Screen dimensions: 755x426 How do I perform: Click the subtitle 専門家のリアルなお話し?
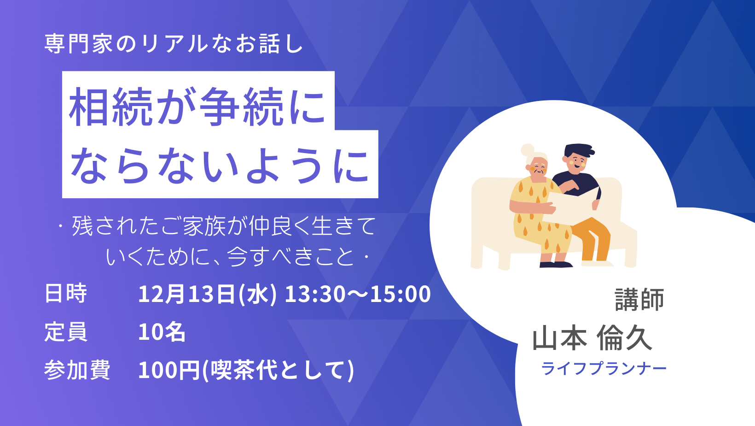pyautogui.click(x=174, y=44)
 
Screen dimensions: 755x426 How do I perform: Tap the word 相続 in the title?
pyautogui.click(x=111, y=106)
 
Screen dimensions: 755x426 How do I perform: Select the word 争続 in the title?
pyautogui.click(x=241, y=106)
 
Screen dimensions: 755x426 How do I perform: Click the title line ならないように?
pyautogui.click(x=220, y=166)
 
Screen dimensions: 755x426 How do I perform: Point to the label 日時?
pyautogui.click(x=66, y=293)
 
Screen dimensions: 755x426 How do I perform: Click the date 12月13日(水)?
pyautogui.click(x=208, y=294)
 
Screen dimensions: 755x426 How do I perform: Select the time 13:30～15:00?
pyautogui.click(x=358, y=294)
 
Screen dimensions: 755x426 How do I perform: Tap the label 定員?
pyautogui.click(x=66, y=332)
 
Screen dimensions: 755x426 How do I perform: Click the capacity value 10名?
pyautogui.click(x=162, y=332)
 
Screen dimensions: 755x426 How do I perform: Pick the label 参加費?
pyautogui.click(x=77, y=370)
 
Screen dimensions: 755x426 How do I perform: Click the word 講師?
pyautogui.click(x=639, y=299)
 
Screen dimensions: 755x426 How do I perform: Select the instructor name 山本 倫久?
pyautogui.click(x=592, y=338)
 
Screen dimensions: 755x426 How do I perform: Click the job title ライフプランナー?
pyautogui.click(x=604, y=368)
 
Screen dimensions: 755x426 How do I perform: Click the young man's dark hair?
pyautogui.click(x=579, y=151)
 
